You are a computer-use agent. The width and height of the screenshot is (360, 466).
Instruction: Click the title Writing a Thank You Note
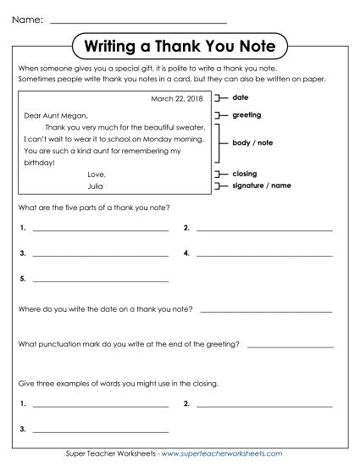(180, 45)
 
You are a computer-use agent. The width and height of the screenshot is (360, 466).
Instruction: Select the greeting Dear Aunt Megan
(56, 116)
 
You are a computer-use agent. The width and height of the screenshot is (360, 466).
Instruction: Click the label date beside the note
(239, 98)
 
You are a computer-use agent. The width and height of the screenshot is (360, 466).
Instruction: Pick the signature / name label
(258, 184)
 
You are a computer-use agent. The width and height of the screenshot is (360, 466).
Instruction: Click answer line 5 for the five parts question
(99, 279)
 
